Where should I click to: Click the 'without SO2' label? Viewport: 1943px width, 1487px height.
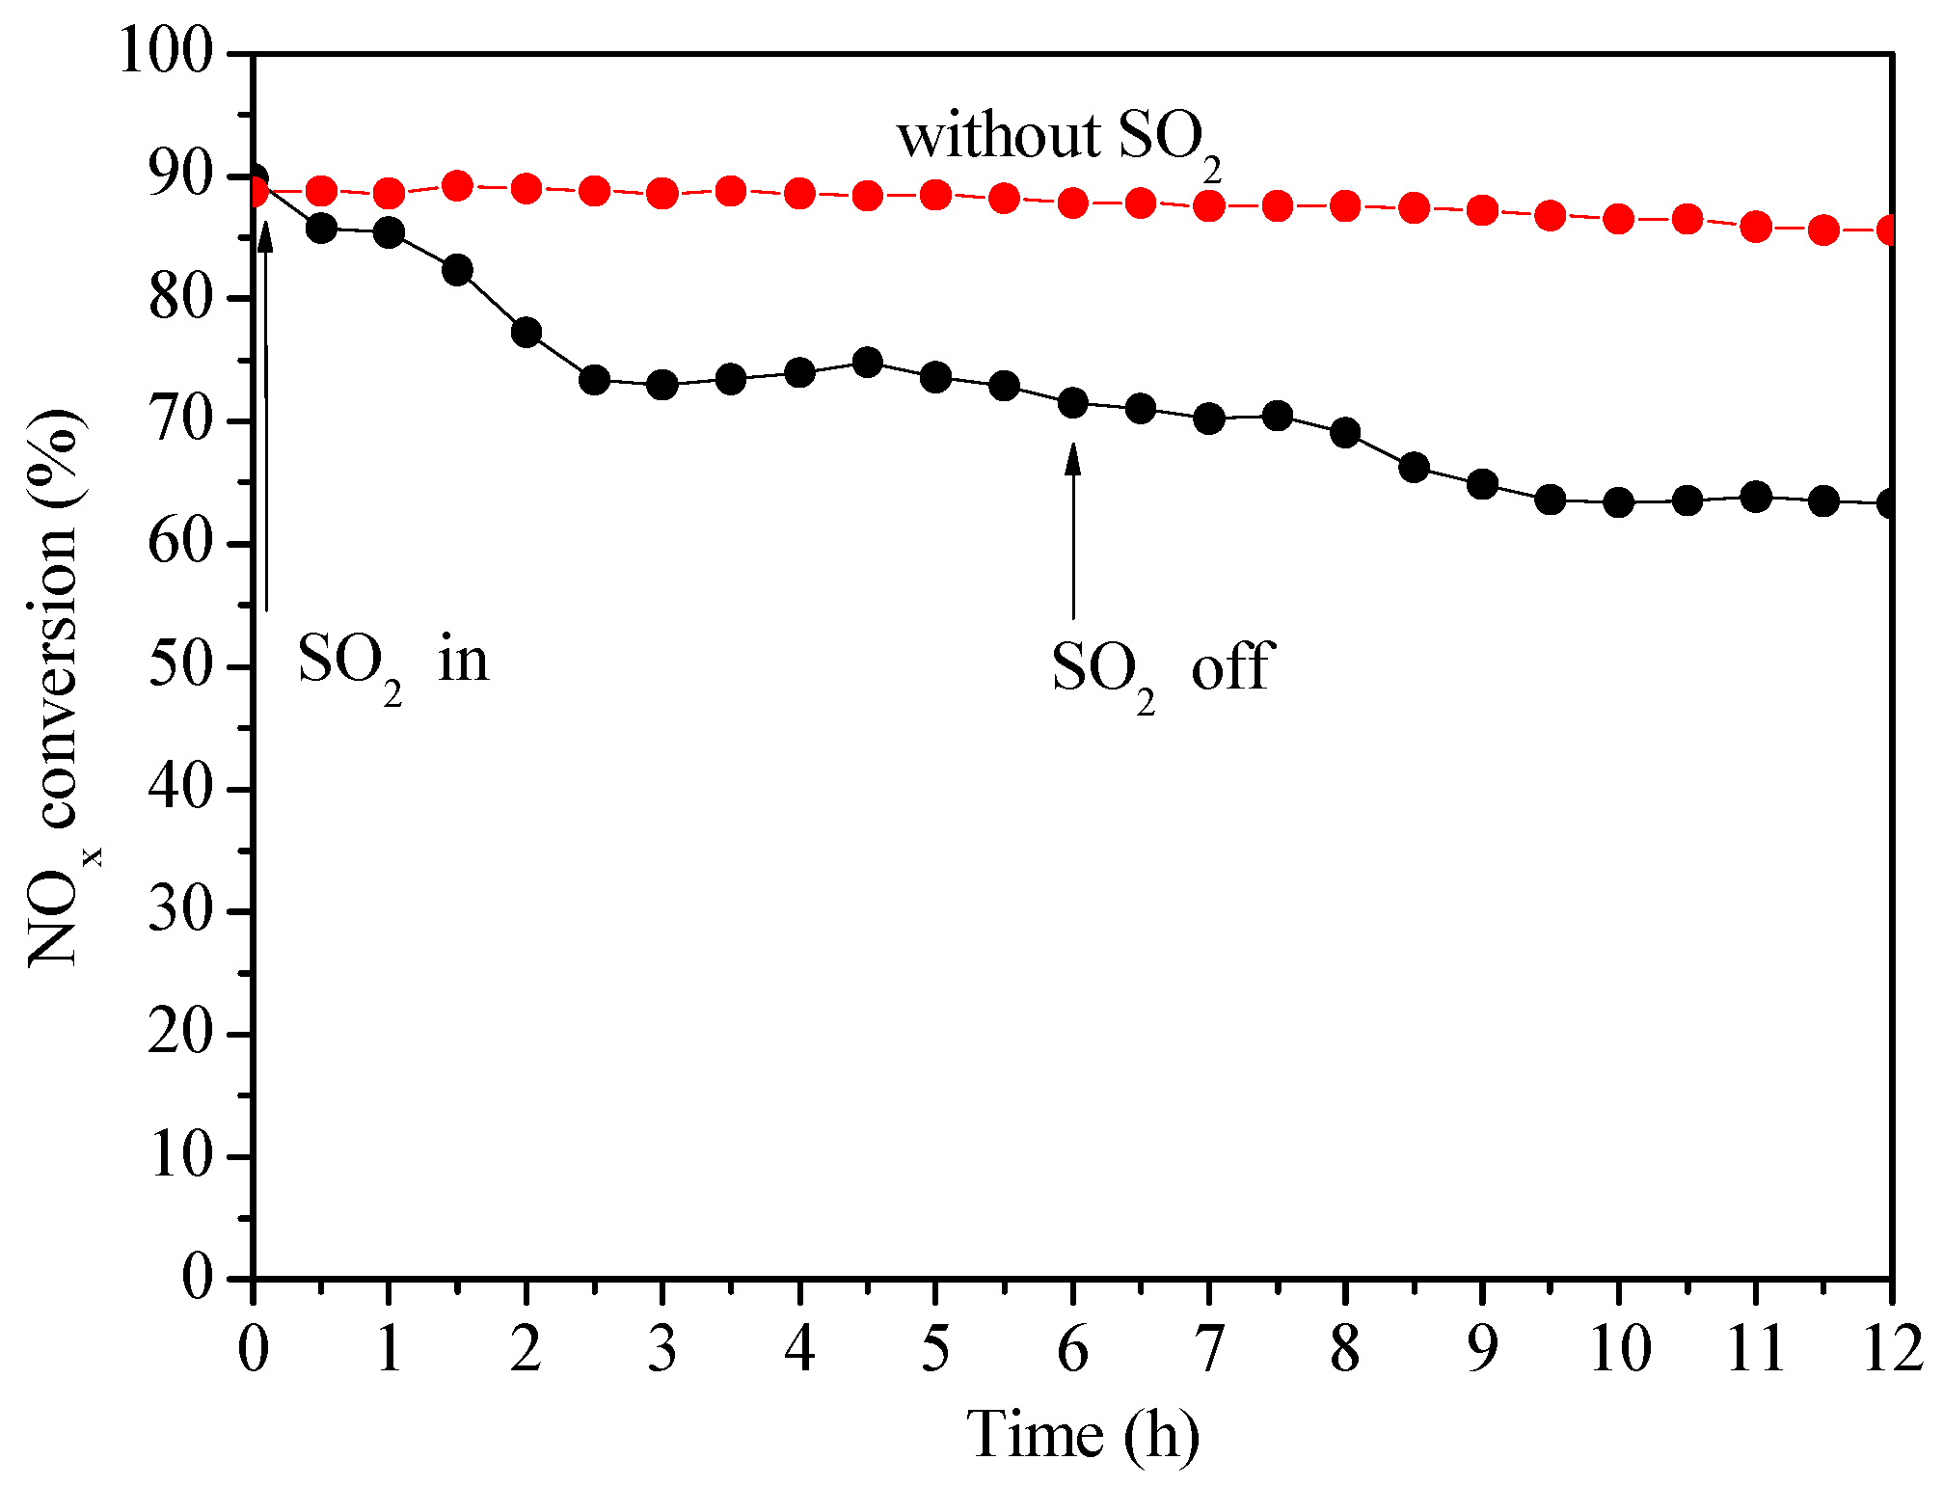pos(1058,140)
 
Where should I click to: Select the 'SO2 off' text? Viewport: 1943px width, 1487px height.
pos(1161,671)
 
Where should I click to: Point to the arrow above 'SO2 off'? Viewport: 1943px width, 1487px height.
pos(1072,530)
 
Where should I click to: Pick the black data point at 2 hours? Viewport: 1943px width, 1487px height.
pos(526,333)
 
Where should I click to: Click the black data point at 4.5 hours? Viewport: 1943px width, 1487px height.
pos(868,363)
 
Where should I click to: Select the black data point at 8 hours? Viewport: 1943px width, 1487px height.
pos(1345,432)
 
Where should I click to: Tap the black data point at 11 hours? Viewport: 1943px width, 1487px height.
pos(1756,498)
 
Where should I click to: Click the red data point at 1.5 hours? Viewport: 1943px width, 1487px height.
pos(458,185)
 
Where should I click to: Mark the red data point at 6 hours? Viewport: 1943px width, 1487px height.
pos(1072,203)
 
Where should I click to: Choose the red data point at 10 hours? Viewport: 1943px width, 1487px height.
pos(1619,219)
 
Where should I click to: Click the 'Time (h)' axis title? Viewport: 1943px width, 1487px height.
pos(1083,1435)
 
